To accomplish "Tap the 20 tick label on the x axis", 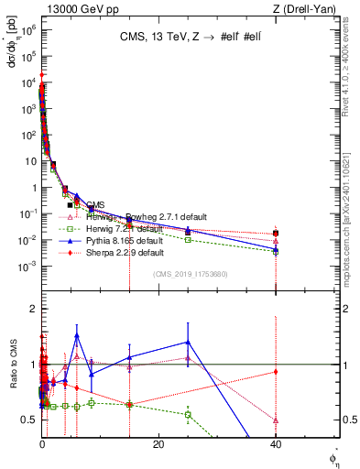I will tap(158, 445).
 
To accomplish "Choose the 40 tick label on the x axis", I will tap(276, 445).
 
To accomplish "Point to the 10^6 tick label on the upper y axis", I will tap(27, 29).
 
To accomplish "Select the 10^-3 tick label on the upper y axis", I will tap(27, 266).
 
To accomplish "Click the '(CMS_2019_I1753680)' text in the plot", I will tap(191, 275).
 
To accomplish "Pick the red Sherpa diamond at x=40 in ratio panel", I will tap(276, 371).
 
